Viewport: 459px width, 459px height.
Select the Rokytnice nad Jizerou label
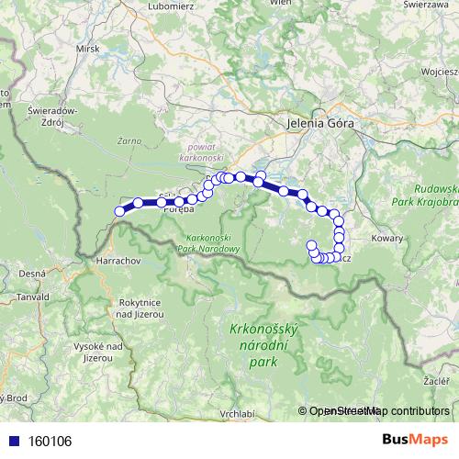140,308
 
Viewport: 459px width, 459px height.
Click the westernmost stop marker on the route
119,212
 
